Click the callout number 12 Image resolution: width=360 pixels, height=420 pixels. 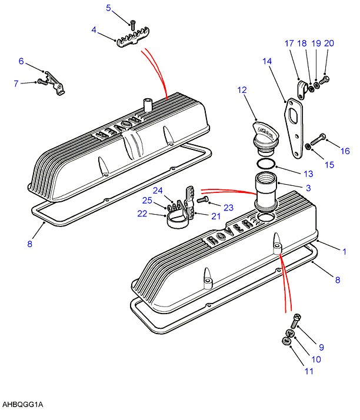click(x=242, y=90)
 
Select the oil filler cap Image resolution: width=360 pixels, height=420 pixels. click(x=265, y=139)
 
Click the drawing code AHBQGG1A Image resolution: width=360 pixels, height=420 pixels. click(x=23, y=404)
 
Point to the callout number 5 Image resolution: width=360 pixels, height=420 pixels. click(x=108, y=8)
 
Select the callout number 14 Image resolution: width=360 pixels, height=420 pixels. click(x=267, y=61)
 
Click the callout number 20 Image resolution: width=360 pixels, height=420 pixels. click(x=329, y=43)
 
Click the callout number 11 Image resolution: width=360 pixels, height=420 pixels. click(x=309, y=371)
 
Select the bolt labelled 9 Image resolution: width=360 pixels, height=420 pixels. click(x=295, y=321)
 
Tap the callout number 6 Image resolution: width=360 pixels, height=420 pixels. click(x=21, y=61)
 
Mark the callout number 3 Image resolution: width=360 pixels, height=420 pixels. click(x=308, y=188)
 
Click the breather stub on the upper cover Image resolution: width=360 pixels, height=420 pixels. click(x=148, y=105)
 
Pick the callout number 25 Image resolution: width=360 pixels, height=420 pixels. click(x=147, y=201)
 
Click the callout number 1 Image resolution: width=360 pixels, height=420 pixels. click(x=345, y=252)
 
